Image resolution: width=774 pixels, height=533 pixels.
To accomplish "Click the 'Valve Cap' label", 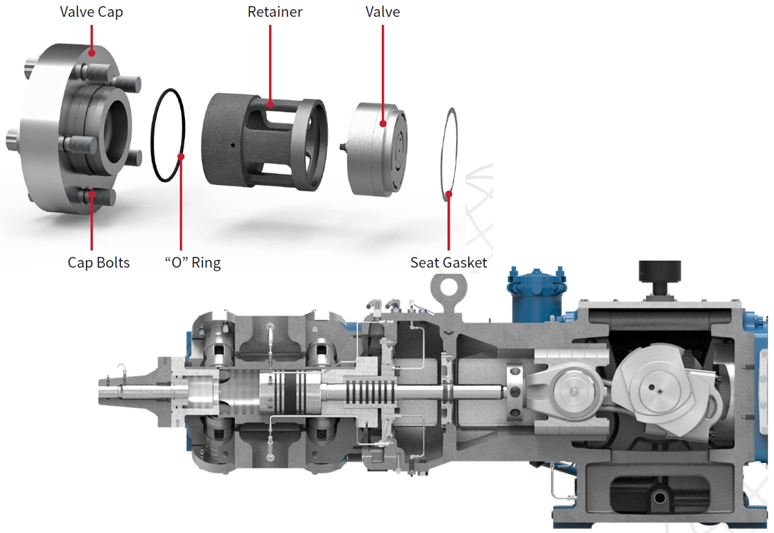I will (91, 12).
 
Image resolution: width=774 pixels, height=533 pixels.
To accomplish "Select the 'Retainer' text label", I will (275, 12).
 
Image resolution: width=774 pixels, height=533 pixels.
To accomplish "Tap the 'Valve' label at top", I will (382, 12).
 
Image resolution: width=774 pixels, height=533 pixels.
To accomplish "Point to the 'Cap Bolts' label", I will (98, 262).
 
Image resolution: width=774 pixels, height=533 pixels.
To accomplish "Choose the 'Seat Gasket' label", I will (448, 262).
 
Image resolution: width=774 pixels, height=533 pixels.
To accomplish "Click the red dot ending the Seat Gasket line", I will (448, 195).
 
